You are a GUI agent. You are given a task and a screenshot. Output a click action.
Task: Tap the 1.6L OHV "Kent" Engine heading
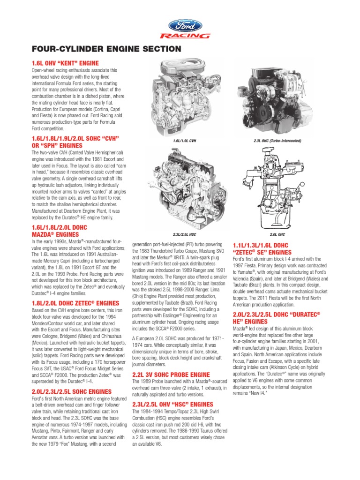[65, 63]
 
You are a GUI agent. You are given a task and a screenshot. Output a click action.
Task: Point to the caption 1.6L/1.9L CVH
[184, 140]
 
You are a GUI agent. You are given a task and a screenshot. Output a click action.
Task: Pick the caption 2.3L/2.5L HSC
[184, 233]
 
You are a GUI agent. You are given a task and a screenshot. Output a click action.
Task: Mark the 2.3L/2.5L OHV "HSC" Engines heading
[173, 404]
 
